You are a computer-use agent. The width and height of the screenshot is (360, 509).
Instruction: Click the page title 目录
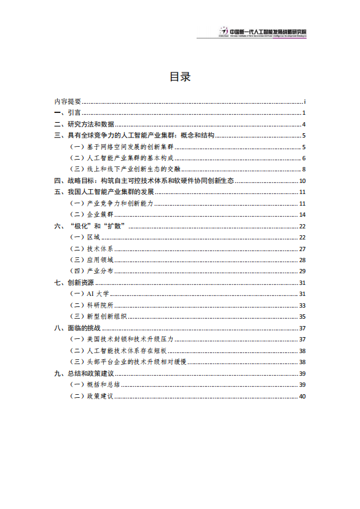tap(180, 77)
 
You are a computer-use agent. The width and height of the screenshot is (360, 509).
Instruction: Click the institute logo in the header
tap(224, 31)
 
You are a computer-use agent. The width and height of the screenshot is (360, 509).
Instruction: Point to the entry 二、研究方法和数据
tap(84, 124)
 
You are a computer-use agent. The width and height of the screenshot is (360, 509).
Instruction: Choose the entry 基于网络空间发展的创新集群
tap(123, 147)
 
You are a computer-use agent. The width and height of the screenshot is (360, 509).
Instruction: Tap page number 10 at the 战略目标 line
tap(302, 181)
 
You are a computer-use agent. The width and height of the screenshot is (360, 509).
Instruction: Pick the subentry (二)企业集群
tap(93, 214)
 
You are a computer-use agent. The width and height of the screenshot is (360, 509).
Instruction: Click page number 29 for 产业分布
tap(302, 271)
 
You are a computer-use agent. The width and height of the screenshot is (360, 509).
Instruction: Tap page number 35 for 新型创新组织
tap(302, 316)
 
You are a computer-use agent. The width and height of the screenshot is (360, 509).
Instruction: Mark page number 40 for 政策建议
tap(302, 396)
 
